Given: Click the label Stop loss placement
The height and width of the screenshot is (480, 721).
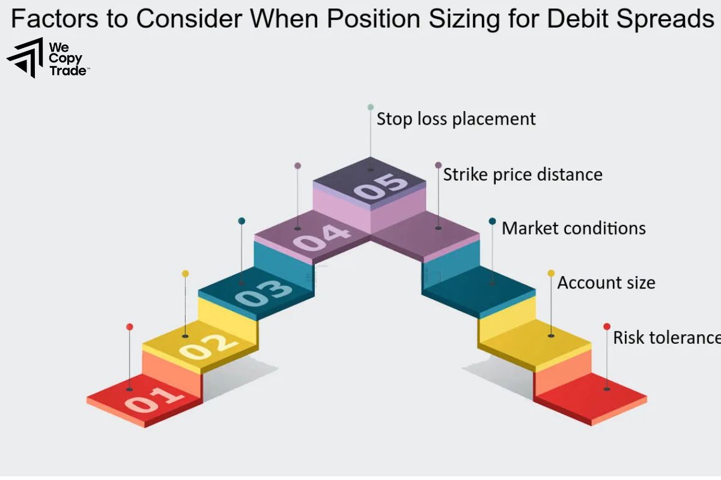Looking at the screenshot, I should tap(456, 119).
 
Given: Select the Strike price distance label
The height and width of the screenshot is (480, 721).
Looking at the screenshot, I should tap(523, 175).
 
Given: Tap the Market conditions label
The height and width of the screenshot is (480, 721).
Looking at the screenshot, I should tap(574, 229).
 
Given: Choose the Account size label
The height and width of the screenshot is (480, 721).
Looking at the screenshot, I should tap(606, 283).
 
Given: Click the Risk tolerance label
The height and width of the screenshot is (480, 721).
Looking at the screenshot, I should tap(666, 337).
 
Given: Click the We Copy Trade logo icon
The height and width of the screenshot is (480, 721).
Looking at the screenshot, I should tap(25, 58).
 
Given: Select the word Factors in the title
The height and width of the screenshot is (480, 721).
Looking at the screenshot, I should tap(53, 19).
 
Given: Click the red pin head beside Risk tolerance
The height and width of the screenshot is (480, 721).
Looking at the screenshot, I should tap(607, 326).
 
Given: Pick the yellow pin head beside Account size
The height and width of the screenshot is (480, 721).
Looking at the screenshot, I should tap(551, 273).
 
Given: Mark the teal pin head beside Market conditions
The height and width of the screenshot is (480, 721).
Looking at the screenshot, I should tap(493, 221).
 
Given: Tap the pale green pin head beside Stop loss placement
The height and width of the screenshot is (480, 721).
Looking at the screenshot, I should tap(371, 107).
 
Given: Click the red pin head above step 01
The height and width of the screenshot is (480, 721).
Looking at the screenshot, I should tap(130, 327).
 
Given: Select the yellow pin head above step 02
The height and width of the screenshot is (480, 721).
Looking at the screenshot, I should tap(185, 274).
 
